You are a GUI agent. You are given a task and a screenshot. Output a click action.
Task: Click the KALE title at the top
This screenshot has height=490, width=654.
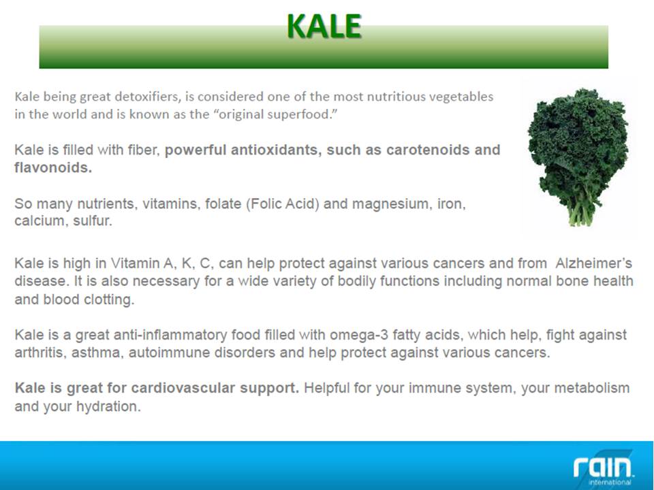click(324, 26)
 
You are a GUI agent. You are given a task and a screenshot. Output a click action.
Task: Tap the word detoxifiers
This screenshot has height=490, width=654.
click(147, 97)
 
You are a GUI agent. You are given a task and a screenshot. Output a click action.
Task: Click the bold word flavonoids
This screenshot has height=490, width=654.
click(53, 167)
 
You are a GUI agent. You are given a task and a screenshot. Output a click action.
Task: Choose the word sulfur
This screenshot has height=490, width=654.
click(93, 220)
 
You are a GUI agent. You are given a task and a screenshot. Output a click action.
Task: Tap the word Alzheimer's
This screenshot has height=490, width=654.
click(593, 263)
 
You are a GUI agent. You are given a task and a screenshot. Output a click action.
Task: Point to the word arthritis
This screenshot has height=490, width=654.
click(40, 353)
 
